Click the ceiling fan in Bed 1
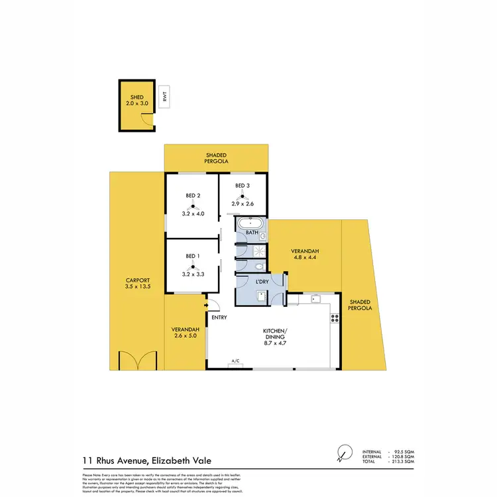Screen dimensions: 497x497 click(192, 266)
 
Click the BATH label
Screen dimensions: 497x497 click(252, 233)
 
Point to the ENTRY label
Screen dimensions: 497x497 click(219, 317)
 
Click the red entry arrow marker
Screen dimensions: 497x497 click(207, 305)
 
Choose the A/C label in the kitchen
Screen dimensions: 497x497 click(235, 360)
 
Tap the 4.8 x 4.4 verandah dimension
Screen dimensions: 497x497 click(305, 258)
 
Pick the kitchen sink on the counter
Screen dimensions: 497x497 click(316, 300)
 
